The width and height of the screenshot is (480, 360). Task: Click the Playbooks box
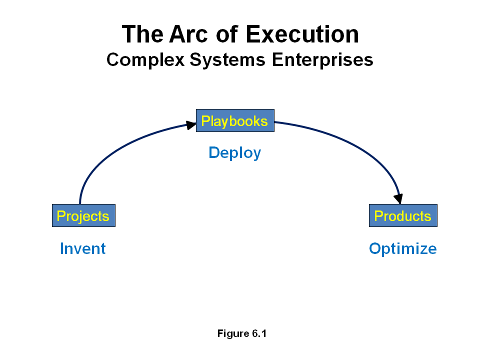[x=235, y=120]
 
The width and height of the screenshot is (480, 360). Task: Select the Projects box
[x=83, y=215]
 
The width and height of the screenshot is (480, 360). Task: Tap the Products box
[x=403, y=215]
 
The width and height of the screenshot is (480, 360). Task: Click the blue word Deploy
[x=235, y=153]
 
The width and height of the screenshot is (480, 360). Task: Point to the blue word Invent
[x=82, y=248]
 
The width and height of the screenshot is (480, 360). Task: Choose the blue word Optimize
[x=403, y=249]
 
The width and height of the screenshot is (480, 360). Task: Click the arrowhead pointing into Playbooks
[x=191, y=125]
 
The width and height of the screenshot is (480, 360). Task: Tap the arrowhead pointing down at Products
[x=398, y=198]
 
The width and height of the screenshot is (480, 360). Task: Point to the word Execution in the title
[x=302, y=34]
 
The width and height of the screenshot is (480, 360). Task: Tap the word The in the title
[x=142, y=34]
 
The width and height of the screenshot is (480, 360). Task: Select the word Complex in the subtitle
[x=145, y=60]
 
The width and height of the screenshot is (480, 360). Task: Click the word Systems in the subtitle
[x=227, y=60]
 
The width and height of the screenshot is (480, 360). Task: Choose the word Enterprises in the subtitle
[x=322, y=60]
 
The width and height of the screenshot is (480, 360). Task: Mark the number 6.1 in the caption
[x=259, y=333]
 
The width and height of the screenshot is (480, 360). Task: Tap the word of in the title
[x=227, y=34]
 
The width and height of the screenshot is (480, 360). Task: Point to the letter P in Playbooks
[x=205, y=121]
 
